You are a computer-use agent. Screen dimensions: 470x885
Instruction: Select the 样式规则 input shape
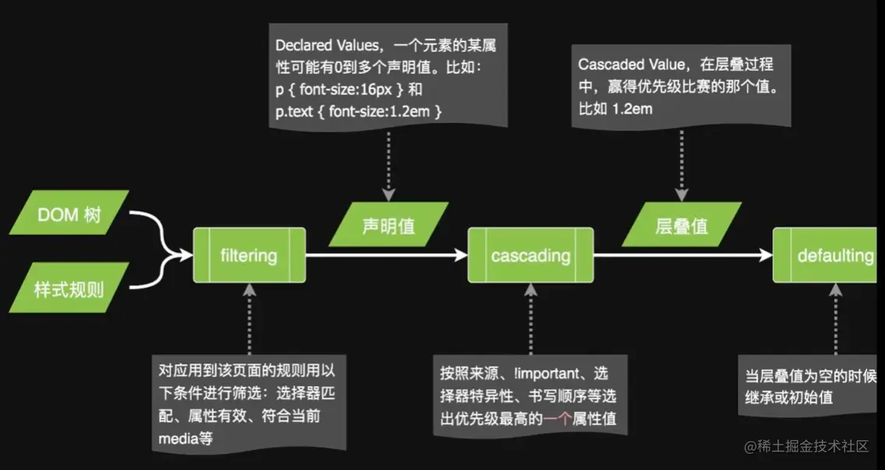[x=69, y=291]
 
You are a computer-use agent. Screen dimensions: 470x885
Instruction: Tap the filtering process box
[x=249, y=255]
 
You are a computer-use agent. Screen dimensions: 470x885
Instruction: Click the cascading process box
[x=530, y=255]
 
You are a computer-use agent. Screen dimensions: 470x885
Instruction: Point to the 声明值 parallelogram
[x=389, y=225]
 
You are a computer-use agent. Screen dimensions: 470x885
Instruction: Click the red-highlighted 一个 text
[x=559, y=419]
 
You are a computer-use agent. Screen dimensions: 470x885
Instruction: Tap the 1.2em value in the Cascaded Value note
[x=632, y=109]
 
